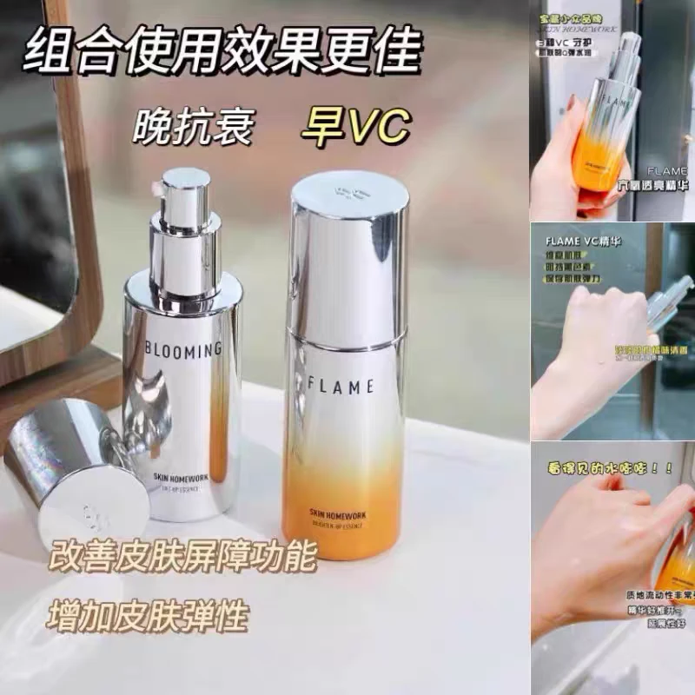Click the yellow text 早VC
[353, 128]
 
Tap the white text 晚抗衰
[193, 128]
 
